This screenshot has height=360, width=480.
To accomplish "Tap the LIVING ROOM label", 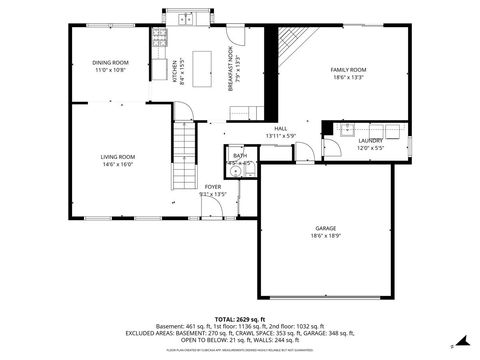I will tap(117, 157).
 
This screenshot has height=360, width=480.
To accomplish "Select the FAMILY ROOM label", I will tap(349, 70).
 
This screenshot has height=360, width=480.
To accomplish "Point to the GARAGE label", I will tap(326, 228).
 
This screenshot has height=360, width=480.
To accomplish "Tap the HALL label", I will tap(281, 128).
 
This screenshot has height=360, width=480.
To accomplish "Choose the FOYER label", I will tap(212, 187).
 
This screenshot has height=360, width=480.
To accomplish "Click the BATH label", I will tap(240, 156).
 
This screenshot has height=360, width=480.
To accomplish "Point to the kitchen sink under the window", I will tap(185, 19).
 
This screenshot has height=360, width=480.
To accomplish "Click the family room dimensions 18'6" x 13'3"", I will tap(349, 78).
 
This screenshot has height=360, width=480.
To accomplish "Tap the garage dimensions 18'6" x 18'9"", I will tap(326, 236).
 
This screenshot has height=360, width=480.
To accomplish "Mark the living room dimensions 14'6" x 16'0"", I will tap(117, 165).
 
